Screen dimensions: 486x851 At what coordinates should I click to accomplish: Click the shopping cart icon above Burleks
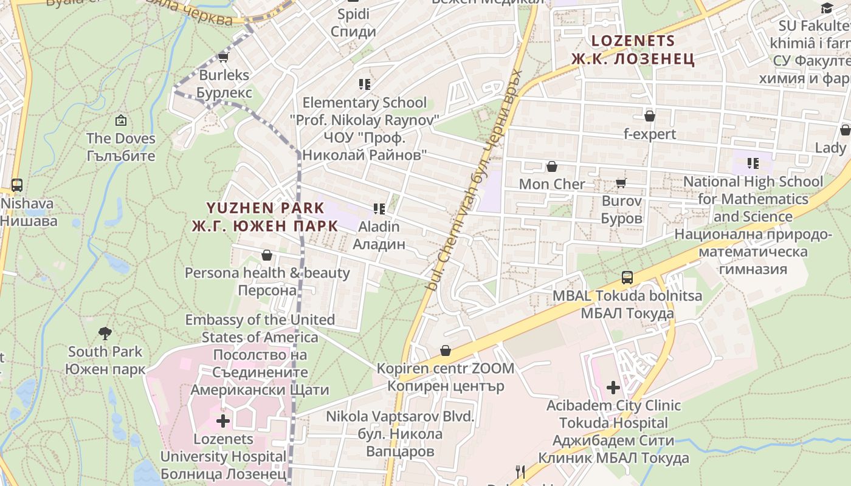[x=223, y=58]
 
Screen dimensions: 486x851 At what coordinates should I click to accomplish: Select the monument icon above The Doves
[x=121, y=121]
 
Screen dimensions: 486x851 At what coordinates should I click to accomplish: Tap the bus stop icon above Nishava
[x=17, y=185]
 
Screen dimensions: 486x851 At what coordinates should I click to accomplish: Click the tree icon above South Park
[x=105, y=334]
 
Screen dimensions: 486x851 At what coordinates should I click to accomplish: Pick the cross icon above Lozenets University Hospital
[x=223, y=420]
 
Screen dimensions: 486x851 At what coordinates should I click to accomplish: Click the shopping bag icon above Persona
[x=266, y=255]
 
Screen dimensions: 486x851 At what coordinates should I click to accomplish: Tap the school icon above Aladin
[x=379, y=210]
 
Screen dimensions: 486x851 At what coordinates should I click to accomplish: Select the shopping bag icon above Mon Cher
[x=552, y=166]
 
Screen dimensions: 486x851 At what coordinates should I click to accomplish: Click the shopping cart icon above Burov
[x=621, y=183]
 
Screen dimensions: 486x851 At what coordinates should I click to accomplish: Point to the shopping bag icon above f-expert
[x=650, y=116]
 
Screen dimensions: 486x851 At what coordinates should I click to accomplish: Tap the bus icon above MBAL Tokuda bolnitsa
[x=627, y=278]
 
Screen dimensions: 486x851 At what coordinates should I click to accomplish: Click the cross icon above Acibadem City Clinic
[x=613, y=387]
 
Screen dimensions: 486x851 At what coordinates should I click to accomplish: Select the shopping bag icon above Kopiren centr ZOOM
[x=446, y=351]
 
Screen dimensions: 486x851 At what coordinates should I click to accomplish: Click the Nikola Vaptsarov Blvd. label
[x=399, y=434]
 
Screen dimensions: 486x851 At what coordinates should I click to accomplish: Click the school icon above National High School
[x=753, y=163]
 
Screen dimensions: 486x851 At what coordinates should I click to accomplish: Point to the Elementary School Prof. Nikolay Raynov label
[x=364, y=129]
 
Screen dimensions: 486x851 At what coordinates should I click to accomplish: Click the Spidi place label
[x=353, y=22]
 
